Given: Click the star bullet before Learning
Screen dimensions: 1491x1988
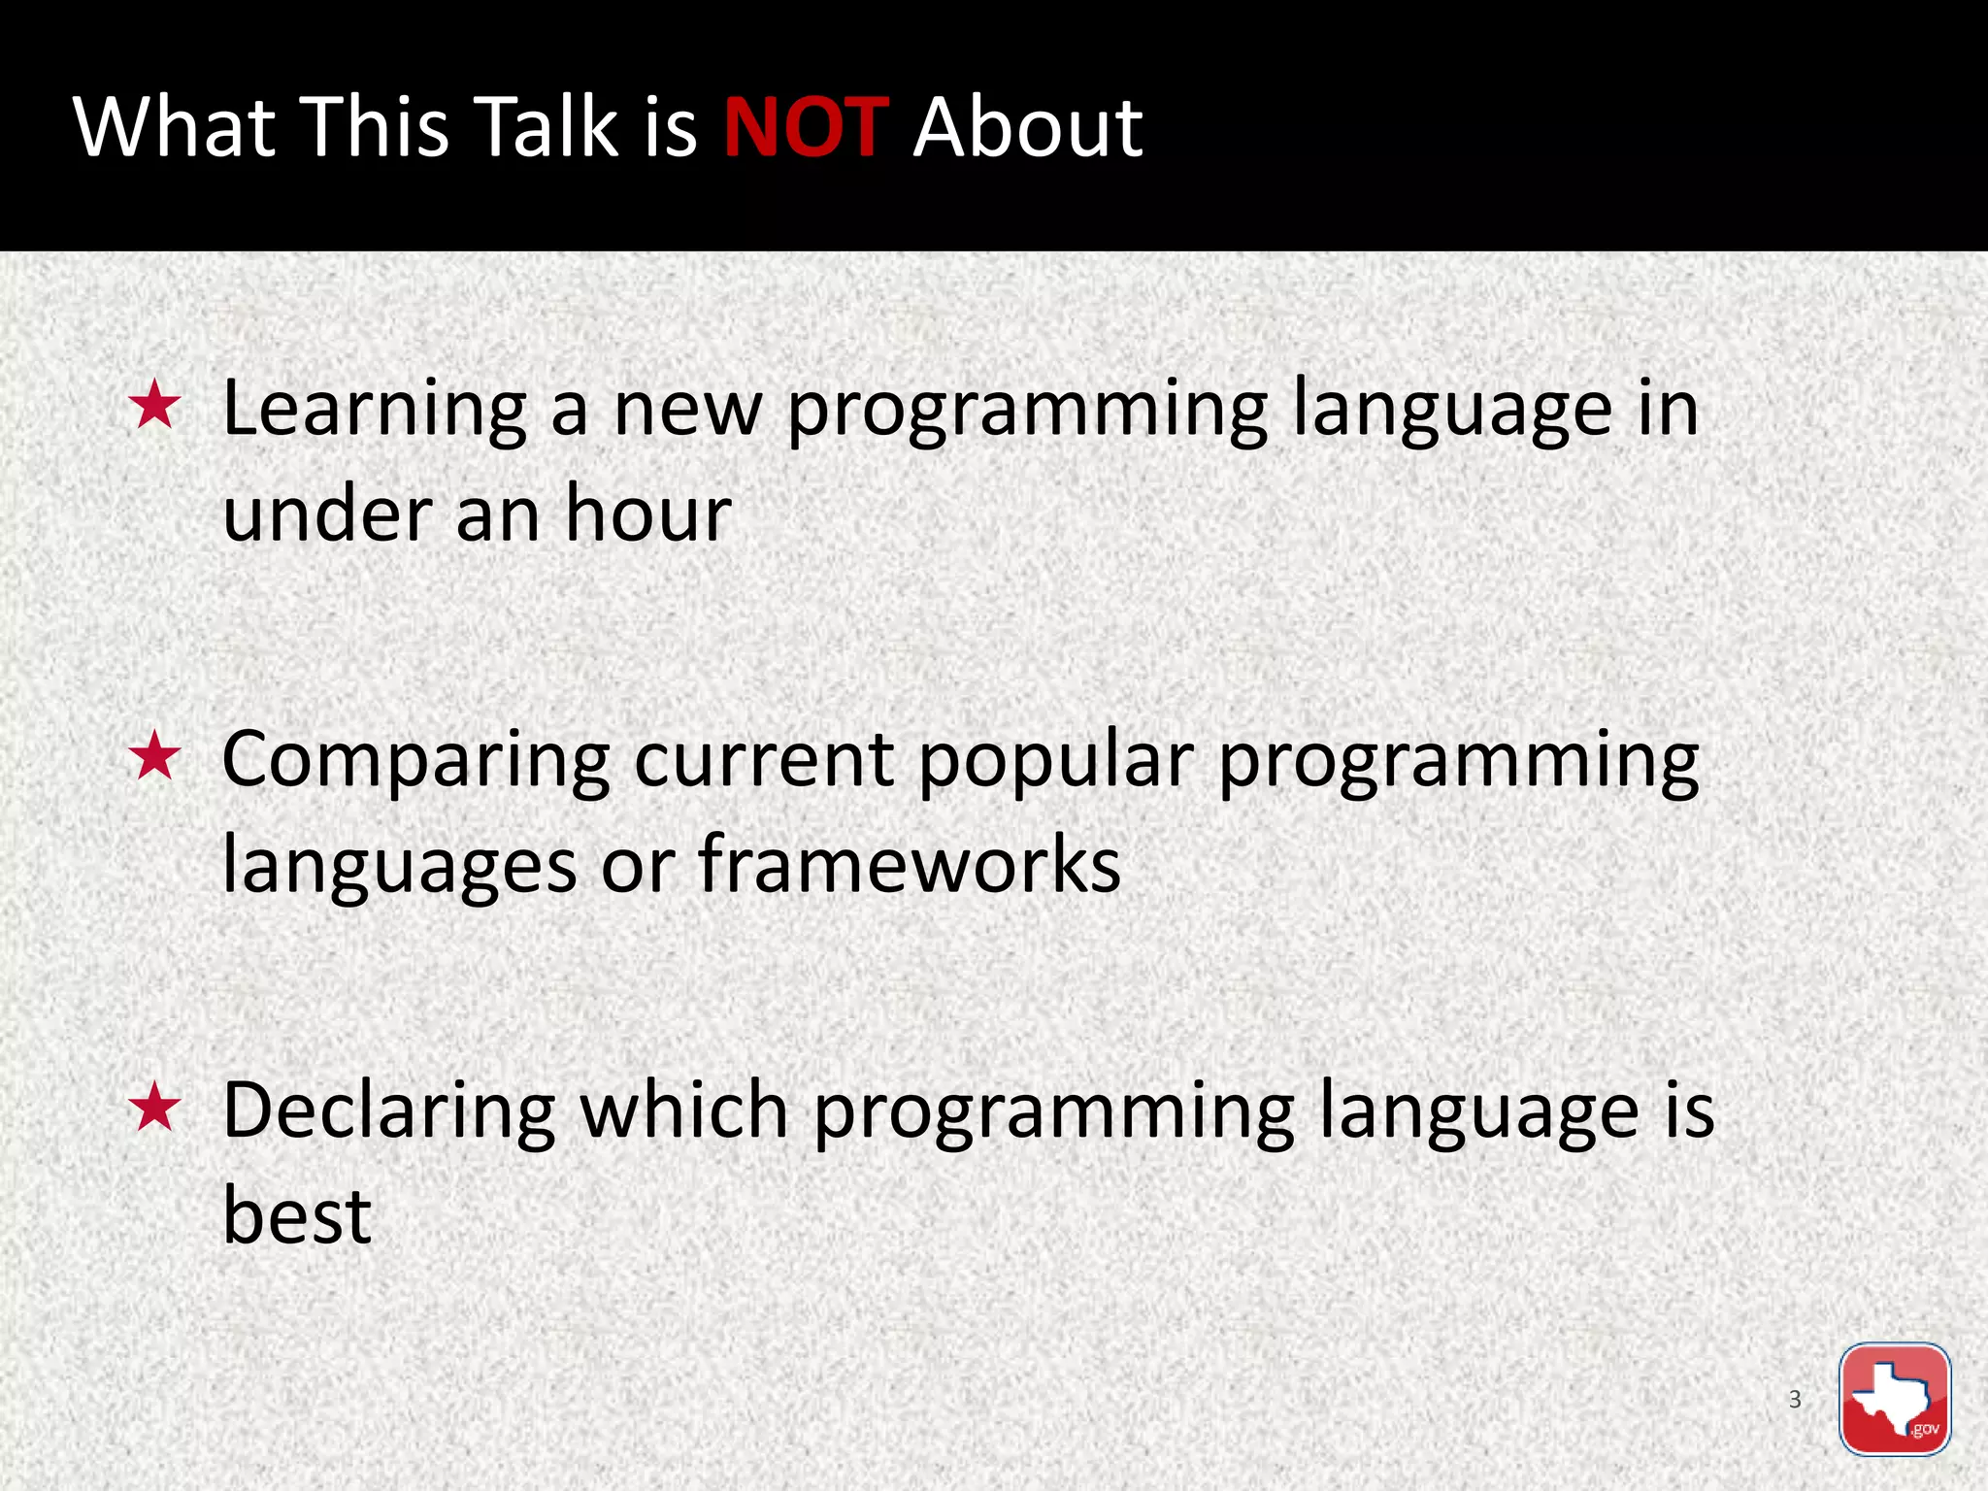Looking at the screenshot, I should point(155,407).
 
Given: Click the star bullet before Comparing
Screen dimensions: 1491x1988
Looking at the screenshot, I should point(155,758).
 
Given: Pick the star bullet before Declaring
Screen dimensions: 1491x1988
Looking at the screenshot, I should point(155,1110).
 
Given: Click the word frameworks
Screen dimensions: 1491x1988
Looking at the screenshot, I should point(909,864).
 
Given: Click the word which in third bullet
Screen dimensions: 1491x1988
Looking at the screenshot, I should point(683,1110).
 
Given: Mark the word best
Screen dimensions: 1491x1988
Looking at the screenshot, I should point(297,1215).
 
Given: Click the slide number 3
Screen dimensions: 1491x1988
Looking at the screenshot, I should point(1795,1399).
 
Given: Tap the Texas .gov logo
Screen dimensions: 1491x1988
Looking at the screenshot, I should point(1894,1399).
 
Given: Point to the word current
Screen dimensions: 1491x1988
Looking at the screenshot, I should point(764,760).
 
